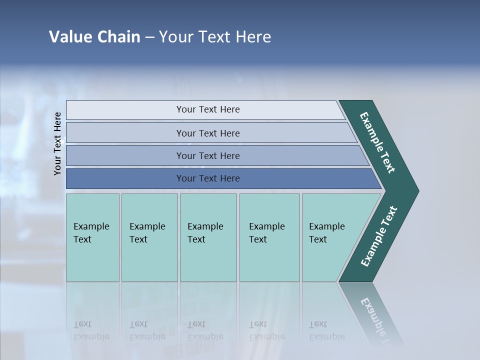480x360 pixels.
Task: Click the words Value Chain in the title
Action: [94, 36]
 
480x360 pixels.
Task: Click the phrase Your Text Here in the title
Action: [215, 36]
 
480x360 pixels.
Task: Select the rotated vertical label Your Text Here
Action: [57, 143]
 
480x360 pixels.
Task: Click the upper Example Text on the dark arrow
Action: [377, 142]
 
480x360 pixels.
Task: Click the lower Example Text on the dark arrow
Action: [379, 236]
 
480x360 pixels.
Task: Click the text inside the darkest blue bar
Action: [208, 178]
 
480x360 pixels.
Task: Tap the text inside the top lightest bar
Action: [208, 109]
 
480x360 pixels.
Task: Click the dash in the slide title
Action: [149, 37]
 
